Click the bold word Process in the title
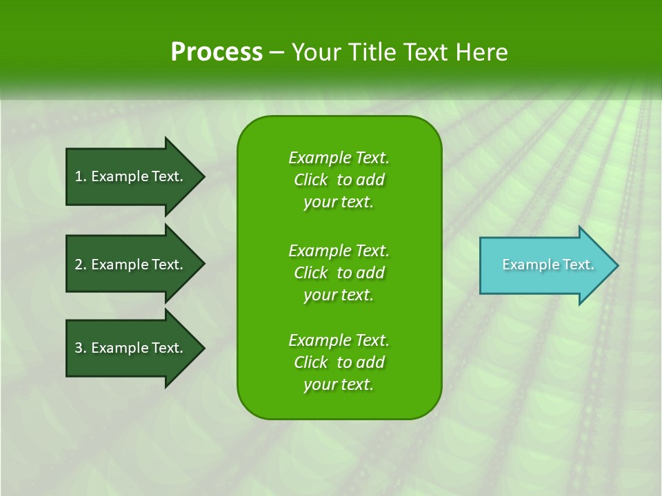pyautogui.click(x=217, y=52)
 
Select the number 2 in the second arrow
pyautogui.click(x=79, y=265)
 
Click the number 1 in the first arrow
pyautogui.click(x=79, y=176)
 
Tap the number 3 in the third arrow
pyautogui.click(x=79, y=348)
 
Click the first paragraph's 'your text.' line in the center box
pyautogui.click(x=339, y=203)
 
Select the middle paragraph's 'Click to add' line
pyautogui.click(x=339, y=273)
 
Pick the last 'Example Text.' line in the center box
pyautogui.click(x=339, y=340)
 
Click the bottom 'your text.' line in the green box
pyautogui.click(x=339, y=385)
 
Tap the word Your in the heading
pyautogui.click(x=314, y=52)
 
